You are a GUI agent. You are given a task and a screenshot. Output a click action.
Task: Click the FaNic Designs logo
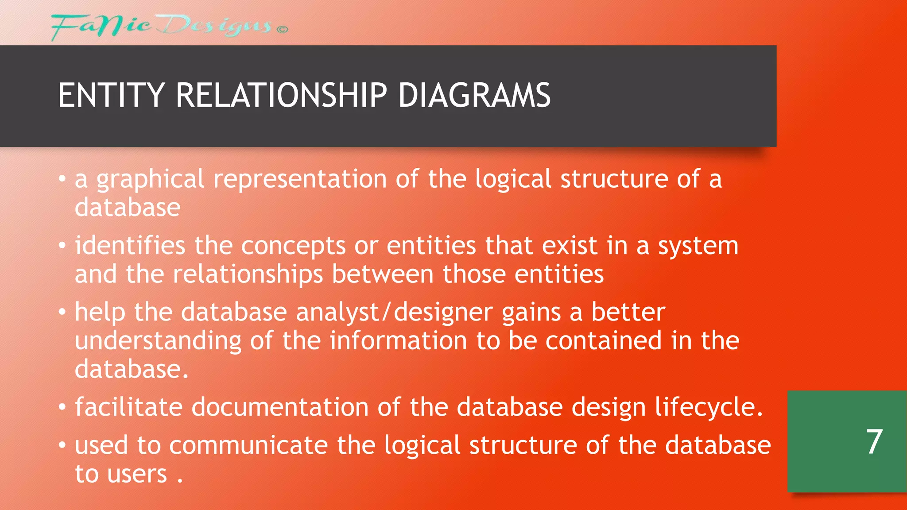162,27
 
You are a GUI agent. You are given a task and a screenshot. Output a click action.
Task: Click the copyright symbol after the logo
282,30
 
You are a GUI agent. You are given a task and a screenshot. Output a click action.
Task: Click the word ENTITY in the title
111,96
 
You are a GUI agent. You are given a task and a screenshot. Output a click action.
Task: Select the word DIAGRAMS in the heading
474,96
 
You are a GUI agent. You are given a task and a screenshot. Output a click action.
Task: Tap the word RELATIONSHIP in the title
282,96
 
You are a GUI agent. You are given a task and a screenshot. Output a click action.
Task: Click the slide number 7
874,442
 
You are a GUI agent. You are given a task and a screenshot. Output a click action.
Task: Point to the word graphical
151,179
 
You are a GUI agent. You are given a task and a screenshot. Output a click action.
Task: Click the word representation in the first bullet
300,179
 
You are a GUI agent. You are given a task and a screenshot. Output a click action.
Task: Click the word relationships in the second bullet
248,274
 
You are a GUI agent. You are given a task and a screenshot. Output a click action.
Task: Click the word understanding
158,341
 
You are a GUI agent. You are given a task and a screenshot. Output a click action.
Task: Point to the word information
398,341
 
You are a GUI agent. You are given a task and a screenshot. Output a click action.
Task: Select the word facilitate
128,407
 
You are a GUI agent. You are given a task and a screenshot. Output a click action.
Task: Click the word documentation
280,407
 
